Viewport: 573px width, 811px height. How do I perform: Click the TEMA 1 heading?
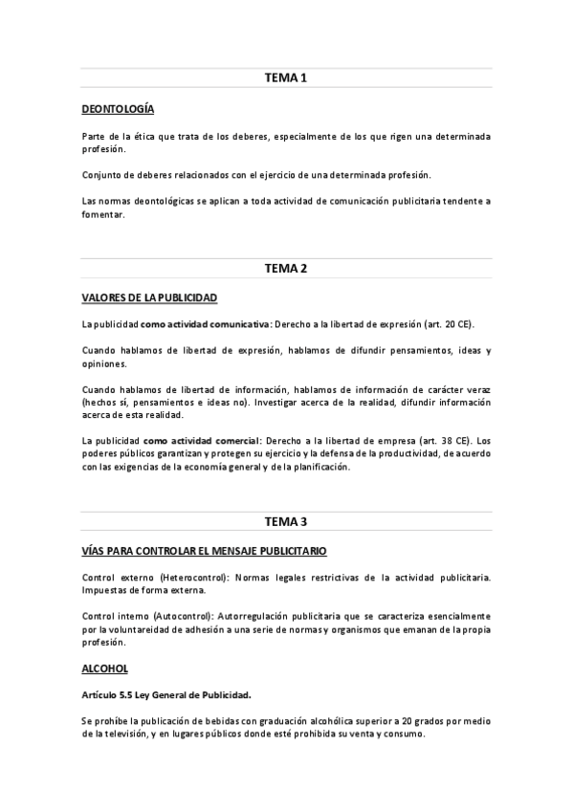pos(286,77)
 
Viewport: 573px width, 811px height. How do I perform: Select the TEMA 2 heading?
pos(286,268)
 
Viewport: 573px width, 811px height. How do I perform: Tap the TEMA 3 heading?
pos(286,521)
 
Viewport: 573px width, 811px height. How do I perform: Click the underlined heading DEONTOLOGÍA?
pos(118,109)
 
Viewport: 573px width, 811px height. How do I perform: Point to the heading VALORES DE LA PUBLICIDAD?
pos(149,297)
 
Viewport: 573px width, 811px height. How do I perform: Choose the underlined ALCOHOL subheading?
pos(105,669)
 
